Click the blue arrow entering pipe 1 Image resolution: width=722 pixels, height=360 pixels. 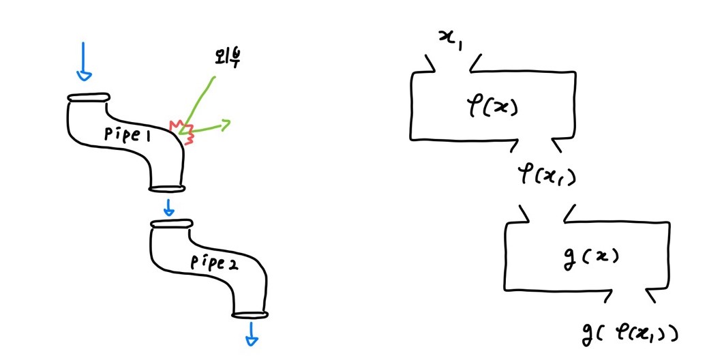[x=83, y=62]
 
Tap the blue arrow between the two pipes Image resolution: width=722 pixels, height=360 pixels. [x=168, y=206]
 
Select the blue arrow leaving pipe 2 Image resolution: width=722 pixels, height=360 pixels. [x=252, y=333]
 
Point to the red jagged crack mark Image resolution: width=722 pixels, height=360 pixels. [x=182, y=131]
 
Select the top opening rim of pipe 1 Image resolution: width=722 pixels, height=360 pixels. [x=88, y=97]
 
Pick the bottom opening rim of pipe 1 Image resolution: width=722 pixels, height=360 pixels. [x=167, y=188]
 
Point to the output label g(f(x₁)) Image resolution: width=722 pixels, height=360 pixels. [x=630, y=332]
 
